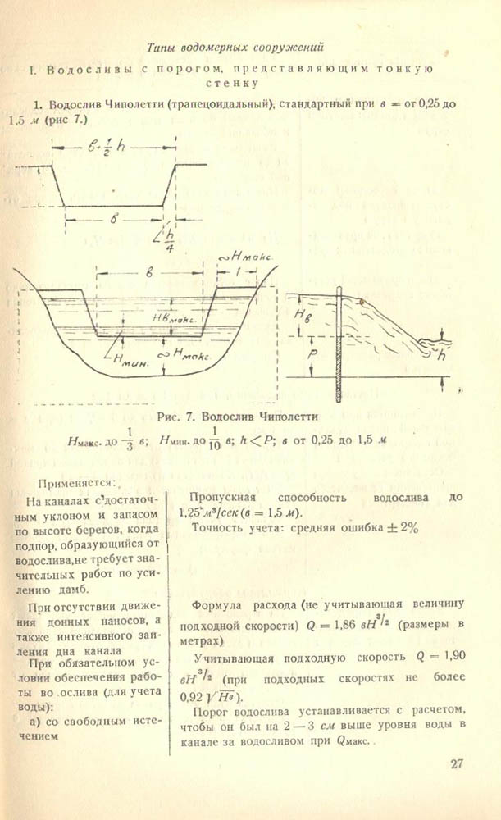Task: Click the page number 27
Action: [x=458, y=764]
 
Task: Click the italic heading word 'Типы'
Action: [x=161, y=46]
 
